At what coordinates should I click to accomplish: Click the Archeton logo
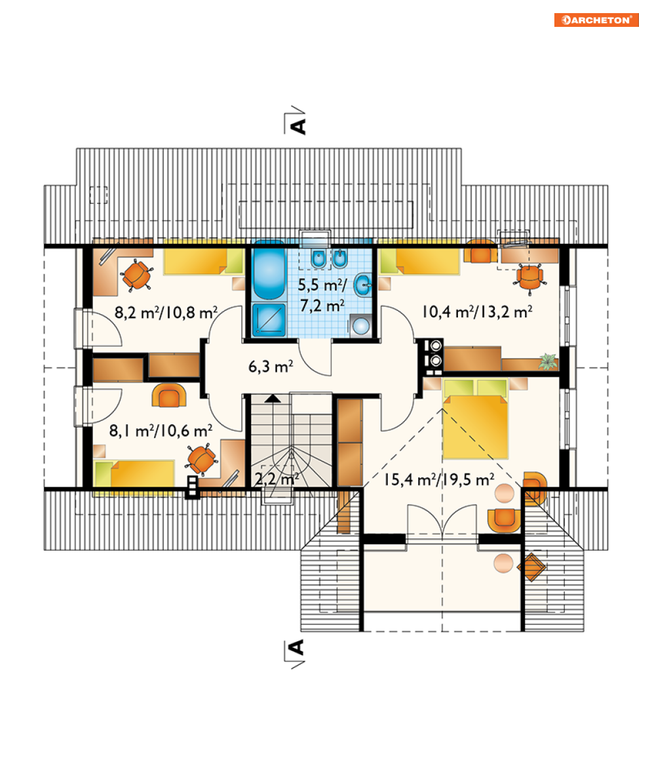(596, 20)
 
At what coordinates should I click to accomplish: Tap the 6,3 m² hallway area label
(270, 367)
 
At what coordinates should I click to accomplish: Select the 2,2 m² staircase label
(277, 479)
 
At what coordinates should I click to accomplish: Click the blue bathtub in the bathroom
(269, 270)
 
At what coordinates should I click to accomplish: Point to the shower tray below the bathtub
(269, 319)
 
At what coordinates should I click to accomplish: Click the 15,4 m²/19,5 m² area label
(439, 479)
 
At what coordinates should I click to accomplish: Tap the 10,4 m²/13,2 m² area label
(476, 312)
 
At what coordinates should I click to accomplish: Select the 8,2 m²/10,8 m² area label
(166, 312)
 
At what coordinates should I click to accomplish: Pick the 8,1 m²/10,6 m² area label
(161, 431)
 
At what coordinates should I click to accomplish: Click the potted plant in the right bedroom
(548, 361)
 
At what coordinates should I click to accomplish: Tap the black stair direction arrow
(272, 399)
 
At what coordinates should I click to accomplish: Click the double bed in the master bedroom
(475, 418)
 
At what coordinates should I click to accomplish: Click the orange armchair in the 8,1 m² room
(169, 395)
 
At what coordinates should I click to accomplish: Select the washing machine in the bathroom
(360, 325)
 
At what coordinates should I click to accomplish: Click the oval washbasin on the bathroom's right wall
(363, 284)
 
